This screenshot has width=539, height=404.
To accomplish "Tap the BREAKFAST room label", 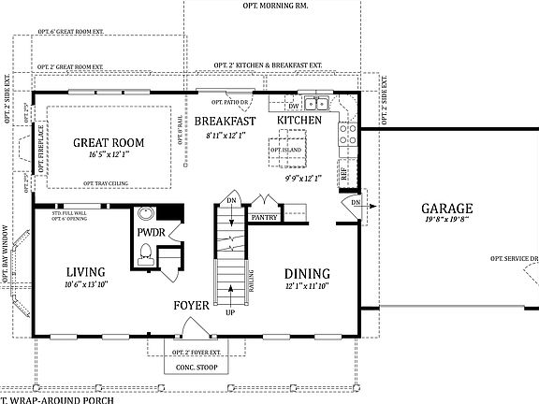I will (x=224, y=122).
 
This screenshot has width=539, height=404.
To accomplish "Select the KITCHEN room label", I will (x=299, y=121).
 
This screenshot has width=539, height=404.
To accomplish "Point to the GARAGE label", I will (x=445, y=209).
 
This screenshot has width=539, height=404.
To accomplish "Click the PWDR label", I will (x=150, y=231).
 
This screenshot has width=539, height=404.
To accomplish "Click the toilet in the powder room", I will (x=146, y=251).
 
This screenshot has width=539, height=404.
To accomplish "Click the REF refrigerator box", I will (x=344, y=172).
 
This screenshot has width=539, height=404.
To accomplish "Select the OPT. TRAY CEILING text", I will (x=107, y=183).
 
